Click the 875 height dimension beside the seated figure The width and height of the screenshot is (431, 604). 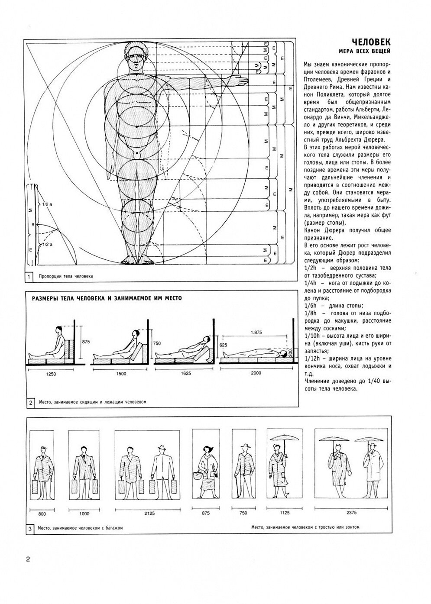pos(85,342)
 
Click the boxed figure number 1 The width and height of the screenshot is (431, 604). pos(29,276)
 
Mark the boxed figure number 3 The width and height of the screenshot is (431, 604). pos(29,528)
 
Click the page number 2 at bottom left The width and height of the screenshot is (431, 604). pos(28,559)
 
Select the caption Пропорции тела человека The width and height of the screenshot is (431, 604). pos(66,276)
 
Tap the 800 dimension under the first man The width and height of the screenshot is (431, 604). pos(42,514)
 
